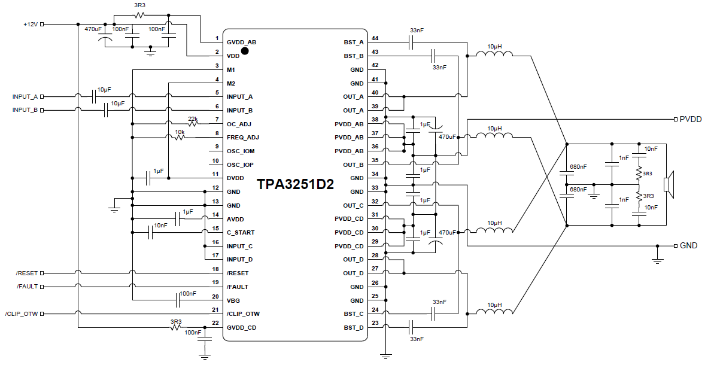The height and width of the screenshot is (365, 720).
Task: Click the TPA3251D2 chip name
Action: [x=295, y=184]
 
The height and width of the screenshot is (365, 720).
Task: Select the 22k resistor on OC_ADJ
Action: [x=193, y=124]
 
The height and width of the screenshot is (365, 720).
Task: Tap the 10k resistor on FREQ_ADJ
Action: [x=180, y=138]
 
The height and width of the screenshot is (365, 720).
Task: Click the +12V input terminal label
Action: [x=29, y=25]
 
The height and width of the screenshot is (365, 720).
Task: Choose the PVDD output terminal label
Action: [x=690, y=119]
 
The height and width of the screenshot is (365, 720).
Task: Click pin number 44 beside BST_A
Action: [x=375, y=38]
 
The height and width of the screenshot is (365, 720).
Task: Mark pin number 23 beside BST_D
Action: [x=375, y=324]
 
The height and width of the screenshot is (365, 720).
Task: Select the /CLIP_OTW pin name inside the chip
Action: [x=243, y=314]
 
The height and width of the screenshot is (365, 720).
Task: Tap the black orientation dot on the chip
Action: [x=245, y=51]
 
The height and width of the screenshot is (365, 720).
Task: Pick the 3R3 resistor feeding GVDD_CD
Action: [x=176, y=327]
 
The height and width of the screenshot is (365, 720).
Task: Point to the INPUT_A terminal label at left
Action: [x=25, y=97]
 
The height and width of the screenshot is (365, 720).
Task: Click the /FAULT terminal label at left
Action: [x=27, y=287]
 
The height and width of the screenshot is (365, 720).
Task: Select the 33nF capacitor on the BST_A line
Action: [x=411, y=42]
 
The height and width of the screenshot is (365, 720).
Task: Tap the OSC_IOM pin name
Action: [x=241, y=151]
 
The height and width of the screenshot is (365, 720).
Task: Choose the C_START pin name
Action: [x=240, y=233]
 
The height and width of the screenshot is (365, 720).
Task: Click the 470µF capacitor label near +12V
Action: [x=93, y=29]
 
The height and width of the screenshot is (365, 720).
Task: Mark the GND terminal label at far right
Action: [x=688, y=246]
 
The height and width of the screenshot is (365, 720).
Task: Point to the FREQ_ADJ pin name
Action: [x=242, y=138]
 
